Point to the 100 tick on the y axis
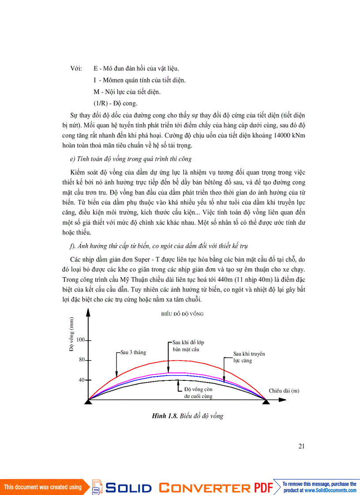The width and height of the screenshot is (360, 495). (81, 340)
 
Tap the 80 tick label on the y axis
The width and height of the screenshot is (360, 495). (82, 360)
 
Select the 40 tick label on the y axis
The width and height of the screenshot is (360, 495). (82, 380)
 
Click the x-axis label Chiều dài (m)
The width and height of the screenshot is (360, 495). (284, 391)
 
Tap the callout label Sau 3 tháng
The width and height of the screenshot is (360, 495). (133, 353)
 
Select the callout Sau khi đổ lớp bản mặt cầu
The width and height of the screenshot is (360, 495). (188, 346)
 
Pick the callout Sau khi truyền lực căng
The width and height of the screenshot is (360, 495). (249, 357)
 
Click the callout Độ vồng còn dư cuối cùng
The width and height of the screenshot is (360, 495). (199, 393)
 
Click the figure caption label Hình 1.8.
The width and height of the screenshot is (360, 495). (165, 416)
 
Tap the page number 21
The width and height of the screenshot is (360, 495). (302, 446)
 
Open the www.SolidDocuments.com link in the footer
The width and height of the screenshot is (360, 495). (330, 490)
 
